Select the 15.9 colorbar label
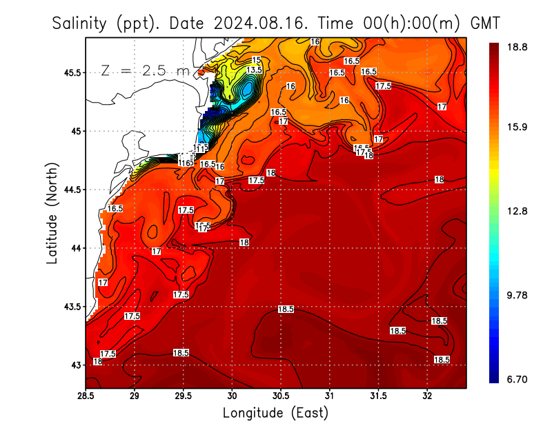click(x=517, y=127)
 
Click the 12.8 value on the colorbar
click(x=517, y=211)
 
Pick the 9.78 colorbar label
click(x=517, y=295)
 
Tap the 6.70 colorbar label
click(x=517, y=379)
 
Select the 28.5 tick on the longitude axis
click(x=86, y=396)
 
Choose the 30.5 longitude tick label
click(x=282, y=396)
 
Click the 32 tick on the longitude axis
click(x=428, y=396)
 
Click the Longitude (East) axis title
click(x=275, y=413)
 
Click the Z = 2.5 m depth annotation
click(x=146, y=70)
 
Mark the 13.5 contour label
click(x=254, y=70)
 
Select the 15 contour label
click(x=256, y=61)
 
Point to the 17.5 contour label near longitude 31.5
click(x=383, y=85)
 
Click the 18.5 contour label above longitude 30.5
click(x=286, y=310)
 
